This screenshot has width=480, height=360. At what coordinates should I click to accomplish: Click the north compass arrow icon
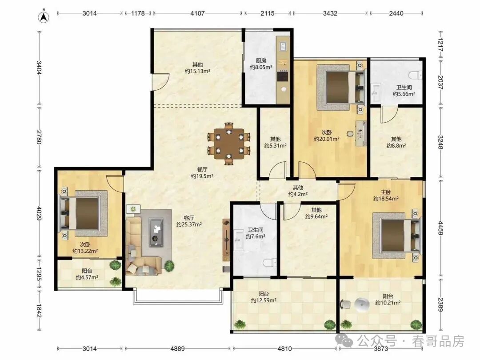44,17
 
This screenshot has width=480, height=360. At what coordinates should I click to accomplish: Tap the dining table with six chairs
229,144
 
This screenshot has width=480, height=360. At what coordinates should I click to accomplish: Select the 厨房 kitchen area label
261,60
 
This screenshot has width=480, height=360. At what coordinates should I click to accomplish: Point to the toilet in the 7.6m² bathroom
270,263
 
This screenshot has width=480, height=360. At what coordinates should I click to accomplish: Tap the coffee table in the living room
156,232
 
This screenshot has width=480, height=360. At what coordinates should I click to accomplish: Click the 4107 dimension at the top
197,13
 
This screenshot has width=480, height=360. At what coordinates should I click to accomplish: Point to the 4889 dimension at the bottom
177,349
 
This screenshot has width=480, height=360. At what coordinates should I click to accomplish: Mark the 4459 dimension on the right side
440,228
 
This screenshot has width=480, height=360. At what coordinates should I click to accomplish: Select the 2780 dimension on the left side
39,137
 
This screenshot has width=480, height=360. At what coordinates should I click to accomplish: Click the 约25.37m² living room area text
189,224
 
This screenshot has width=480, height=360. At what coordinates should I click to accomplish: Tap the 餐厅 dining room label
202,169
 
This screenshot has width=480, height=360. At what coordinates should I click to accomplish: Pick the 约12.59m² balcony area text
264,300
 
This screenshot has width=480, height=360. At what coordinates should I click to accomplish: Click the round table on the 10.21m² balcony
363,304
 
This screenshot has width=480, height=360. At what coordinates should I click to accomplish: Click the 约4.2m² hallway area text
298,194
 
